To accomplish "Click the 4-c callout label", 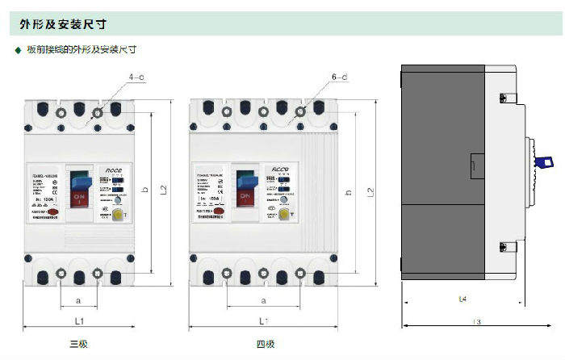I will click(x=136, y=77).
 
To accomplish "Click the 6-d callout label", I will click(x=339, y=77).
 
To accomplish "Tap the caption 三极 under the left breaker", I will click(x=78, y=345).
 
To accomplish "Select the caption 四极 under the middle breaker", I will click(x=266, y=345).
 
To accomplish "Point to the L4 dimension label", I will click(x=462, y=299).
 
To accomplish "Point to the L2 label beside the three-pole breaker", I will click(x=163, y=190).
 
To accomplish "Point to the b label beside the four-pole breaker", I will click(x=348, y=192).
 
